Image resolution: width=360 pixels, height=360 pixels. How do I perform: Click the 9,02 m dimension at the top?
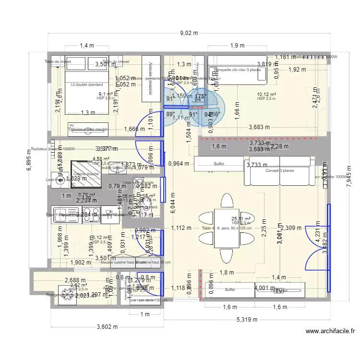pyautogui.click(x=188, y=34)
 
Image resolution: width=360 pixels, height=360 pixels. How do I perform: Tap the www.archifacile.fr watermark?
pyautogui.click(x=331, y=331)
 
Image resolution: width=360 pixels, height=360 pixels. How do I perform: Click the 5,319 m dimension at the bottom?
pyautogui.click(x=246, y=320)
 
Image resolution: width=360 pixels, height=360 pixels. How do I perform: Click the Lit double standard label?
pyautogui.click(x=86, y=85)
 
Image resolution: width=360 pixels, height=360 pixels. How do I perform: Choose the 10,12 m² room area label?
pyautogui.click(x=267, y=95)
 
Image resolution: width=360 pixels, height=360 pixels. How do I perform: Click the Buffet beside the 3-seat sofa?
pyautogui.click(x=219, y=164)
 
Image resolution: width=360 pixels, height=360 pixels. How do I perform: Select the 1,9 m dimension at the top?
pyautogui.click(x=237, y=46)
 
